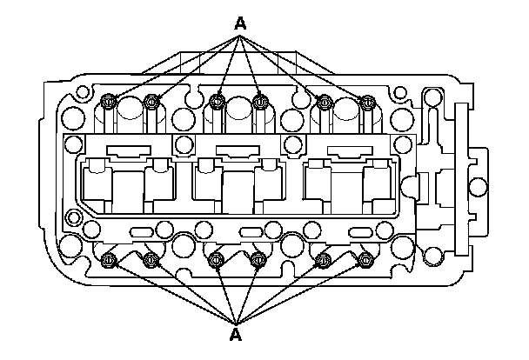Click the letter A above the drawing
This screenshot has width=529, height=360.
tap(241, 23)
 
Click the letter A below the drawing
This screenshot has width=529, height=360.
tap(235, 334)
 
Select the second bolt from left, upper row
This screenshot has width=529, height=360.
tap(151, 103)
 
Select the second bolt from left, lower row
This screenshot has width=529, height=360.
tap(151, 258)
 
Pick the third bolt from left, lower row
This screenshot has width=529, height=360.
tap(217, 258)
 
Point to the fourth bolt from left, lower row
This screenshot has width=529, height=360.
tap(258, 258)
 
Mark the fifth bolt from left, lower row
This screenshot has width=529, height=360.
tap(323, 258)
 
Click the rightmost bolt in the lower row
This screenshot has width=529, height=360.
tap(365, 258)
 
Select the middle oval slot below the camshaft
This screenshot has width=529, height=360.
tap(251, 231)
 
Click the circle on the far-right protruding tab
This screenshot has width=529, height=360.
tap(478, 186)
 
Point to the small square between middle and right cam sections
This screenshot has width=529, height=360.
tap(293, 143)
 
